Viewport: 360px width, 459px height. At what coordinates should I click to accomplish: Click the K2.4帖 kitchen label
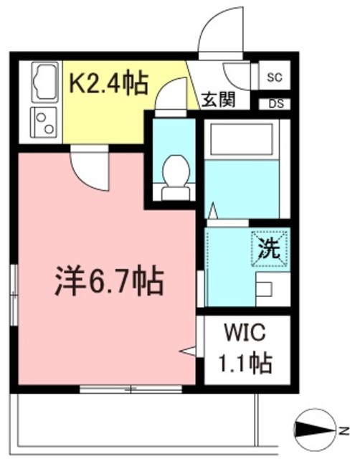click(x=108, y=84)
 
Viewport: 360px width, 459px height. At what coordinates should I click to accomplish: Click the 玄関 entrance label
click(x=218, y=100)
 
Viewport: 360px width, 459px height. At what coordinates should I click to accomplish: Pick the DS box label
click(x=275, y=103)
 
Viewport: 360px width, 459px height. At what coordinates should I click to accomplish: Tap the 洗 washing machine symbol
click(x=269, y=249)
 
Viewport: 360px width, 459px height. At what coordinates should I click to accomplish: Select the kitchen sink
click(x=44, y=83)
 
